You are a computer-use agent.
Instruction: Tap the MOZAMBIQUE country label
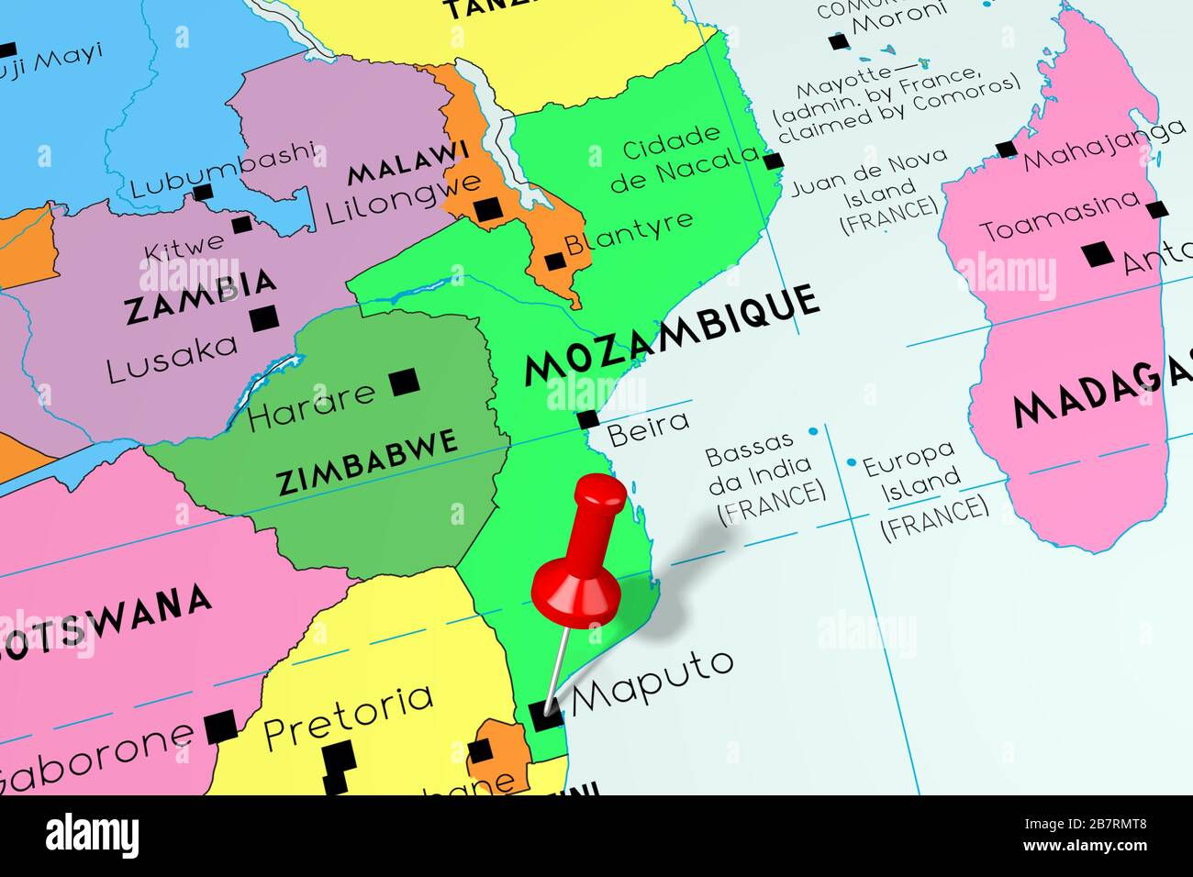pos(670,334)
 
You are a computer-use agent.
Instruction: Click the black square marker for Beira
pos(588,420)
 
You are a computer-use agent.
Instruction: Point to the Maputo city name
pos(652,681)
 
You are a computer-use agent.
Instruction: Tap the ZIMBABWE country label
pos(367,460)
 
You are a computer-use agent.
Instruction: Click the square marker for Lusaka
pos(264,318)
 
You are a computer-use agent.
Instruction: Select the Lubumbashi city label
pos(224,172)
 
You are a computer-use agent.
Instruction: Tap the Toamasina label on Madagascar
pos(1060,216)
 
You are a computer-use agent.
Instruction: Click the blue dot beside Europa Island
pos(852,462)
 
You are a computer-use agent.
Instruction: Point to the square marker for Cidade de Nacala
pos(774,162)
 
